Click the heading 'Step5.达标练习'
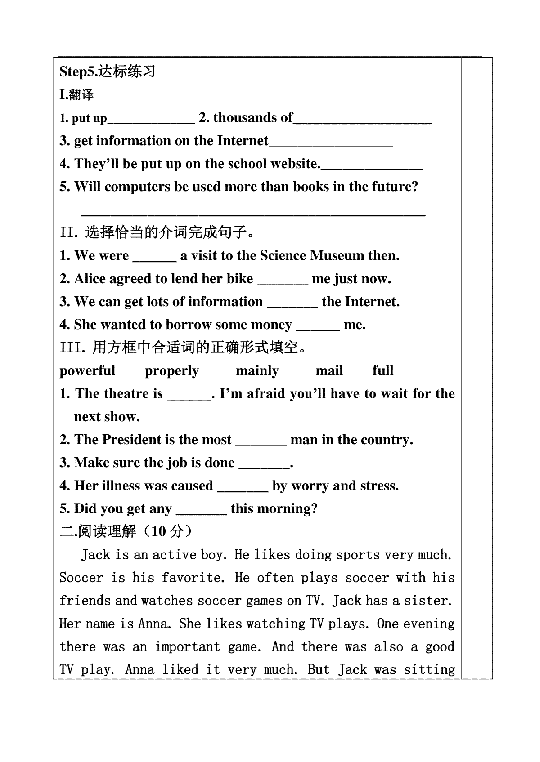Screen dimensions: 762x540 [x=108, y=71]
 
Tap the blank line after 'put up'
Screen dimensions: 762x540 [x=151, y=119]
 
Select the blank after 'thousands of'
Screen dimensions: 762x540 [x=362, y=119]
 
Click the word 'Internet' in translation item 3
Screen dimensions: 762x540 [x=243, y=141]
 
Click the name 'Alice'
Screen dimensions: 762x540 [x=90, y=279]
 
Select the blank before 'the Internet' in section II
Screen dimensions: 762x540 [x=292, y=303]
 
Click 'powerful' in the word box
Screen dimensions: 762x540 [x=87, y=371]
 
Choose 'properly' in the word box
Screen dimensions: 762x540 [x=172, y=371]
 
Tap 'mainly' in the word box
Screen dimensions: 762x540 [x=257, y=371]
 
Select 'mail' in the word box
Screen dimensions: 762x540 [x=329, y=371]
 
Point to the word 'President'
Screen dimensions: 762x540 [x=134, y=440]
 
